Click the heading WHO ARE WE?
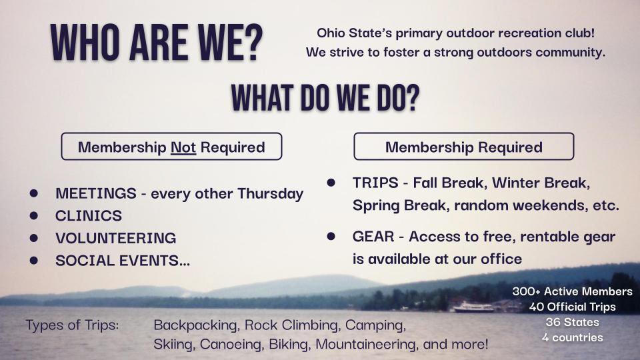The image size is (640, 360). pos(157,44)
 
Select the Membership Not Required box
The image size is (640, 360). pos(171,147)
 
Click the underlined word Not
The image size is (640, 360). pos(183,147)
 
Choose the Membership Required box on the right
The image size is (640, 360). pos(463,147)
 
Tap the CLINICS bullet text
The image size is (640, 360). pos(89,216)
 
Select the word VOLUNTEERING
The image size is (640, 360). pos(115,238)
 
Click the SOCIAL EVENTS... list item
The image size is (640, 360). pos(123,261)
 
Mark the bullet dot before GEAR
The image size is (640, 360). pos(331,236)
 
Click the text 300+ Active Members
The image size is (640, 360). pos(572,291)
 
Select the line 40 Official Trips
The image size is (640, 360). pos(572,307)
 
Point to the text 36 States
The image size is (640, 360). pos(572,322)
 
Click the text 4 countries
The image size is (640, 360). pos(572,337)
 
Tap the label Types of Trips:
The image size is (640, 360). pos(72,325)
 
